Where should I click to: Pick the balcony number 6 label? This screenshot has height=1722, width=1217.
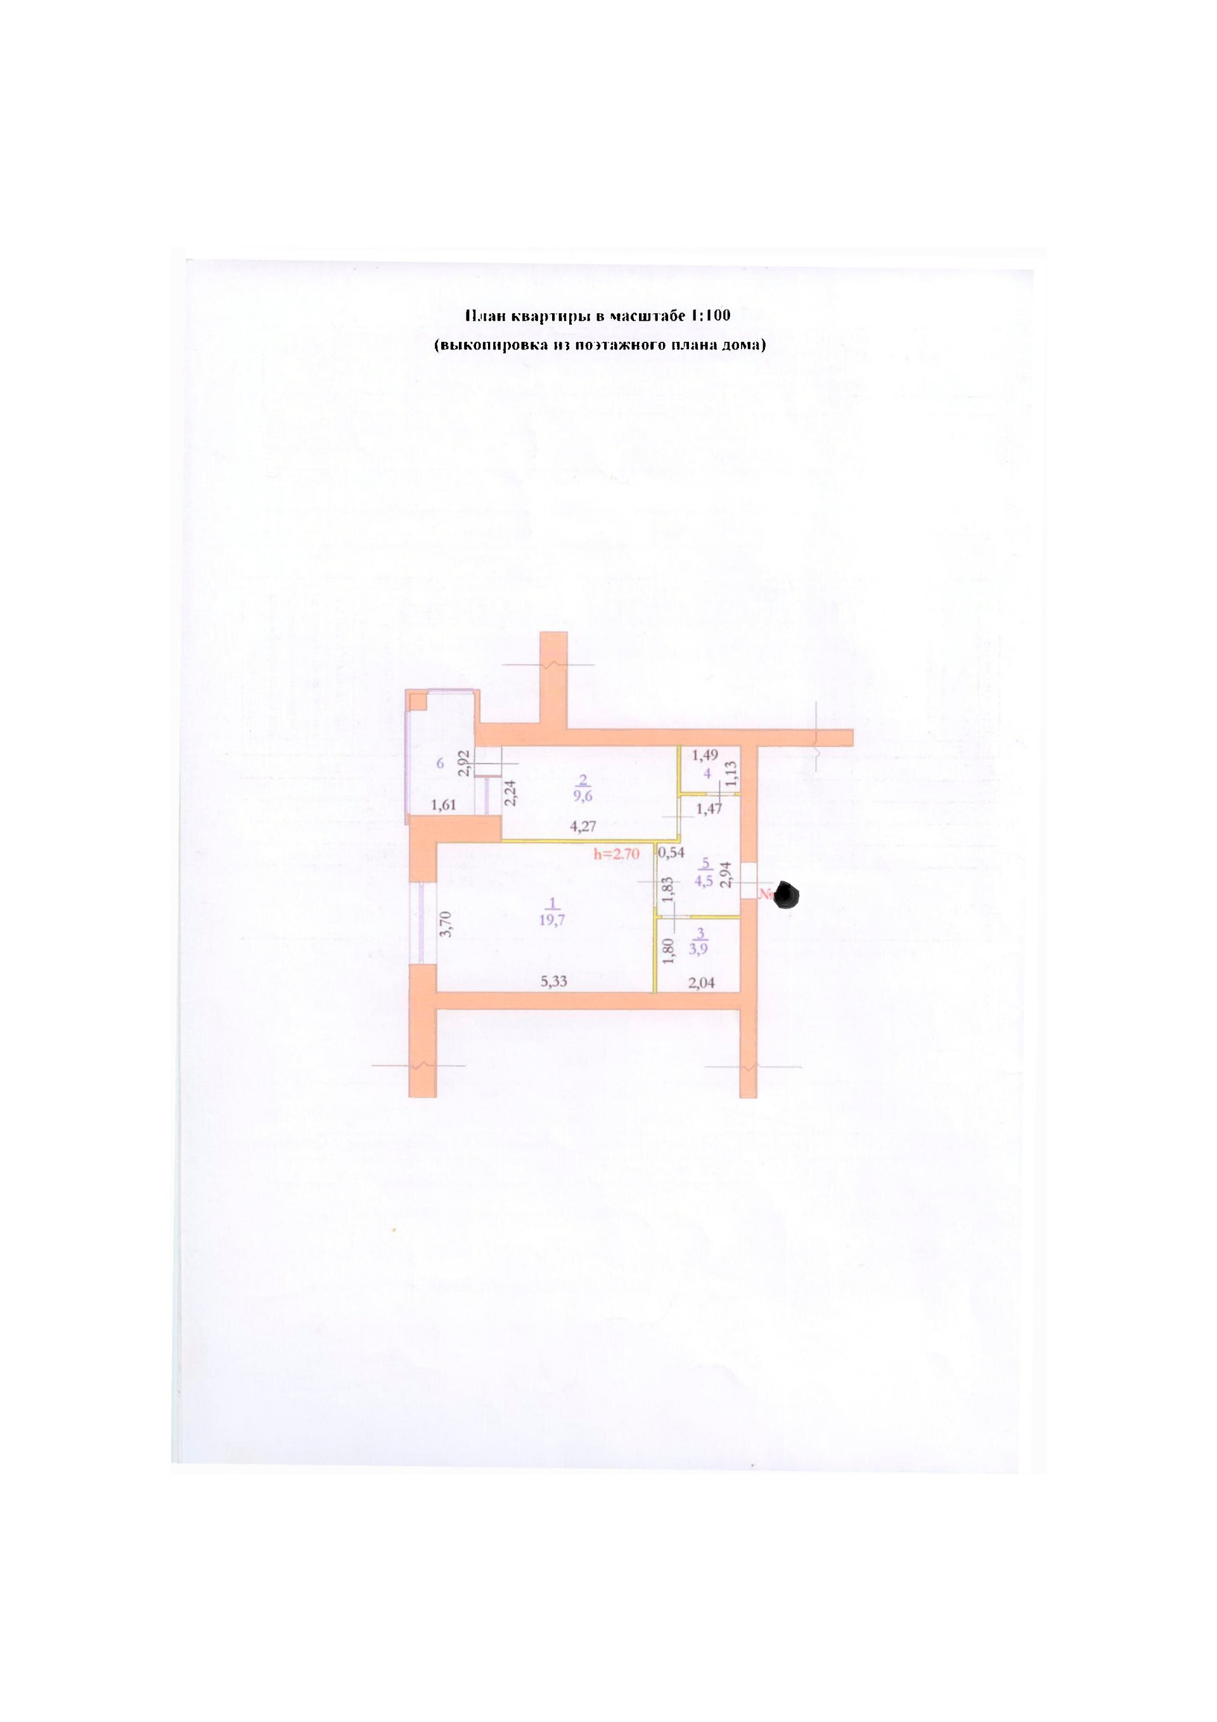click(440, 763)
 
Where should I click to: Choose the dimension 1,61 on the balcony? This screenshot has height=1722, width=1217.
click(443, 805)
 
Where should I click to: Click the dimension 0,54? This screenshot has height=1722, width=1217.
click(671, 852)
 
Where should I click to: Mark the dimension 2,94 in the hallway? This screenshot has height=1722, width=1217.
click(724, 874)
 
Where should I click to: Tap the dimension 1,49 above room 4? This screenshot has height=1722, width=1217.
click(705, 754)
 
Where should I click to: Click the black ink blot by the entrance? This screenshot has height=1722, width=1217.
click(787, 895)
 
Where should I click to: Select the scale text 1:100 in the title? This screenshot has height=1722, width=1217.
click(710, 316)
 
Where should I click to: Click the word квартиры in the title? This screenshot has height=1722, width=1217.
click(550, 316)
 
